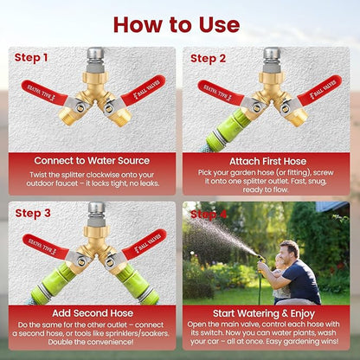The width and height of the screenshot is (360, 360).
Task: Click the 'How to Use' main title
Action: point(179,23)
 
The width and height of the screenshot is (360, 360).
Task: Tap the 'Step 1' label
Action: point(33,58)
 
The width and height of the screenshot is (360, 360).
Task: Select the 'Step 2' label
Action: point(209,58)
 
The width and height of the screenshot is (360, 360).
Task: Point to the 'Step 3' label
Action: point(33,212)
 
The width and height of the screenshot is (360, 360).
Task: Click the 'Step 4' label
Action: point(209,213)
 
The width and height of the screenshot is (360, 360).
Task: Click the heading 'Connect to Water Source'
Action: point(91,160)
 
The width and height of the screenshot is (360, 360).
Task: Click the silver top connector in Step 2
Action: point(271,56)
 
